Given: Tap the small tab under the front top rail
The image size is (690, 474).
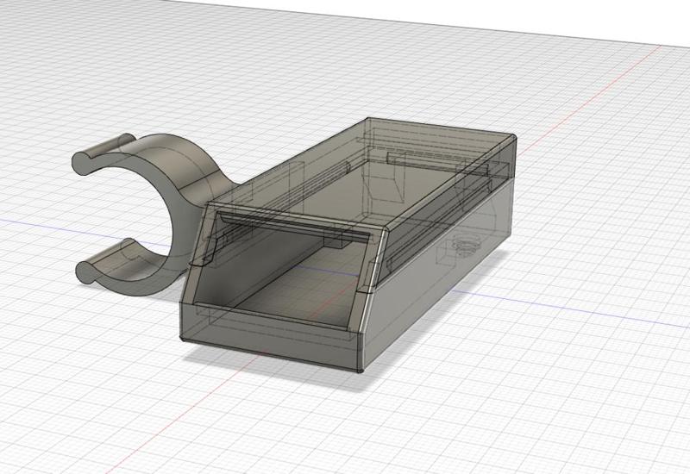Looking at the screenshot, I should [x=336, y=240].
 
